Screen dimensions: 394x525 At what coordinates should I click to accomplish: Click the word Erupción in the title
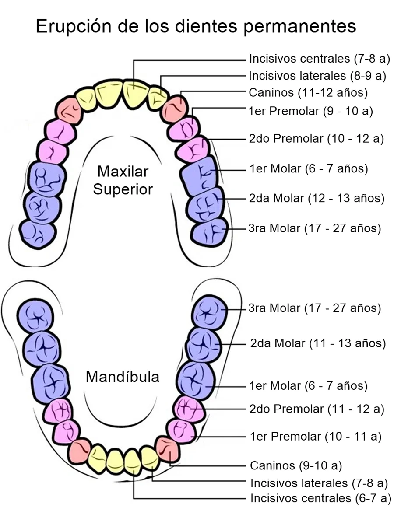pyautogui.click(x=74, y=27)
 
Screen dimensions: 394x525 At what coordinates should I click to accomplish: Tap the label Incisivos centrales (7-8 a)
pyautogui.click(x=320, y=59)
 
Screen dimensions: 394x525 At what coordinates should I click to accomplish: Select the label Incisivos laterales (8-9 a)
pyautogui.click(x=317, y=76)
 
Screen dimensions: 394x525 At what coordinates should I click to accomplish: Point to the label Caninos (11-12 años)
pyautogui.click(x=308, y=93)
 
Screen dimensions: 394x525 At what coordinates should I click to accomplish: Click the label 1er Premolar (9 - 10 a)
pyautogui.click(x=311, y=111)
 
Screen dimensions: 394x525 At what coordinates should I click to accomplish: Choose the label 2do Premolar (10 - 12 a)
pyautogui.click(x=316, y=139)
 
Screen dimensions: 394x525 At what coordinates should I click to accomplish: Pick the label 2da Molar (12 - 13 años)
pyautogui.click(x=317, y=198)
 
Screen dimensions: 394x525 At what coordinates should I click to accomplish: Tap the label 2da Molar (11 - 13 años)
pyautogui.click(x=318, y=343)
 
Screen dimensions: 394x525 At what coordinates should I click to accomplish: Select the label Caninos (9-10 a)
pyautogui.click(x=296, y=465)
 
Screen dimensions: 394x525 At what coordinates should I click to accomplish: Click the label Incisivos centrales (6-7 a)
pyautogui.click(x=321, y=498)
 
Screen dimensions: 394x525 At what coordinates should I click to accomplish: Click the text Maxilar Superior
pyautogui.click(x=123, y=180)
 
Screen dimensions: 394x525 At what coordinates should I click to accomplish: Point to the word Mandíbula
pyautogui.click(x=123, y=377)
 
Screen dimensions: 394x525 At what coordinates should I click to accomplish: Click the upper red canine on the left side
pyautogui.click(x=69, y=111)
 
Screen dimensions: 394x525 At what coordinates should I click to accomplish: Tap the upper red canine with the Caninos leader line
pyautogui.click(x=175, y=109)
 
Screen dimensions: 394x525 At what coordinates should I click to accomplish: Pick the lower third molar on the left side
pyautogui.click(x=35, y=315)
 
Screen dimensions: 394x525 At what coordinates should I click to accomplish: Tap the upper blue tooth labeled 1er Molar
pyautogui.click(x=200, y=176)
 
